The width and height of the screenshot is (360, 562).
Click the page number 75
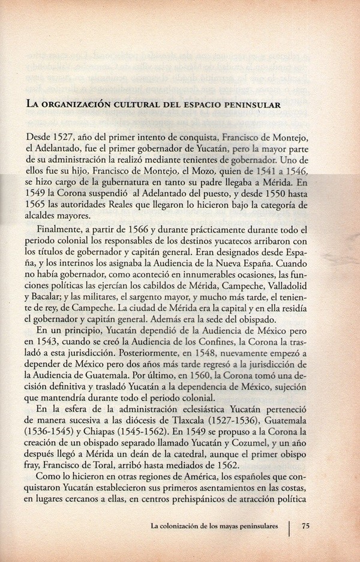(305, 527)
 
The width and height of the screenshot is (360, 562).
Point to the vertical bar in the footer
(290, 528)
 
